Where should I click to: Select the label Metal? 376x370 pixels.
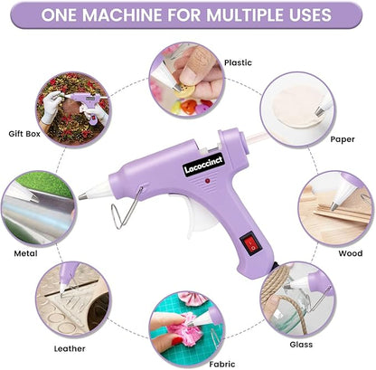[x=25, y=254]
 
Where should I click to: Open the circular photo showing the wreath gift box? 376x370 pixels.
[x=72, y=113]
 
